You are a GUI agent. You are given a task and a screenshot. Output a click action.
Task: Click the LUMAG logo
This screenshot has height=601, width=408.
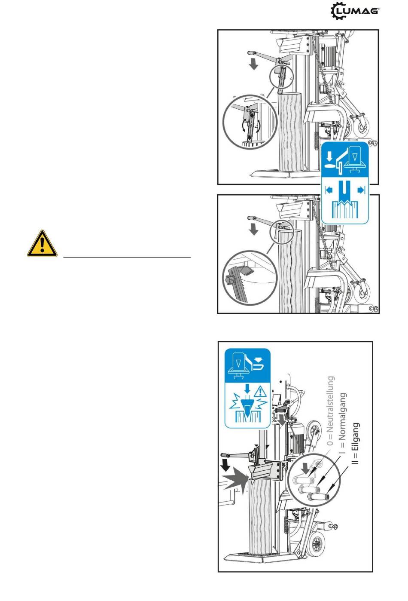click(x=355, y=11)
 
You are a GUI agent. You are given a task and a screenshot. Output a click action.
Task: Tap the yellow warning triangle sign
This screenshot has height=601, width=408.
click(x=42, y=244)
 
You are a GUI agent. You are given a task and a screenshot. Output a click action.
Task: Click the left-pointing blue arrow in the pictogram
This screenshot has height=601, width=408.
click(x=329, y=190)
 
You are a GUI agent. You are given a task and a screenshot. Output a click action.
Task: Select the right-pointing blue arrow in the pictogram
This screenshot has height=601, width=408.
click(x=361, y=190)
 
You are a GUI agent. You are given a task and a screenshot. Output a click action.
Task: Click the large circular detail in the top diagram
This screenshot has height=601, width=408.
click(x=250, y=122)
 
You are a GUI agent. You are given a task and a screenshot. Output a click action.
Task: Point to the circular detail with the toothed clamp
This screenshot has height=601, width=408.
click(x=250, y=278)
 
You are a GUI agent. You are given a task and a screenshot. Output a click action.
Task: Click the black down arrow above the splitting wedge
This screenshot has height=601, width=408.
click(x=225, y=466)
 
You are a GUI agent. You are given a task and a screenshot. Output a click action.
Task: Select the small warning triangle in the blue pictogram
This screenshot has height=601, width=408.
click(x=259, y=391)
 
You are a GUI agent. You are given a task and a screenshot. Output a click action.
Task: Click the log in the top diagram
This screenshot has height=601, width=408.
click(x=291, y=132)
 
